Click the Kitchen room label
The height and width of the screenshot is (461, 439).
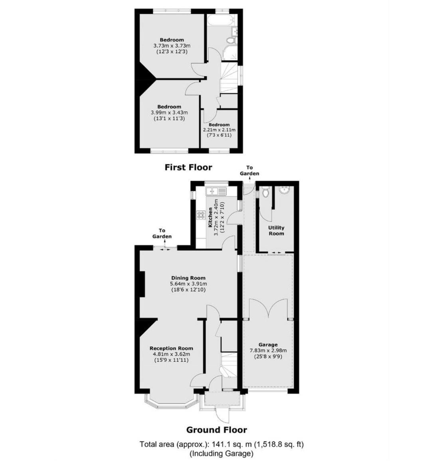coord(210,218)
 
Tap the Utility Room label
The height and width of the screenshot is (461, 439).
coord(276,230)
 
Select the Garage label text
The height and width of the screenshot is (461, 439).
coord(268,345)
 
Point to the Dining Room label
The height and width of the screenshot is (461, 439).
coord(188,278)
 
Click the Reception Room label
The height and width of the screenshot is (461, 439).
coord(172,349)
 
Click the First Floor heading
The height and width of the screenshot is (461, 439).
coord(188,167)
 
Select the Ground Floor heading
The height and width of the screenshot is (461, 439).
coord(217,430)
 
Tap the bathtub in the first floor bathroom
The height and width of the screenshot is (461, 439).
coord(221,21)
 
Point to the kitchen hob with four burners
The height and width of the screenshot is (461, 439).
coord(201,215)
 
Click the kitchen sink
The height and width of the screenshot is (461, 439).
coord(216,191)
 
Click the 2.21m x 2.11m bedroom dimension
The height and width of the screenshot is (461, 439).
coord(219,130)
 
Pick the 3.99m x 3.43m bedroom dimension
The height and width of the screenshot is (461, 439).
coord(169,112)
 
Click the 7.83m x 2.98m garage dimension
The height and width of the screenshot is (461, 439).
coord(268,351)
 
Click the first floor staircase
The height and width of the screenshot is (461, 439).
coord(229,78)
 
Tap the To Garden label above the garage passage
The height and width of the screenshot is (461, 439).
coord(249,171)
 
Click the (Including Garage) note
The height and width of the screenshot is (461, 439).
coord(221,453)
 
